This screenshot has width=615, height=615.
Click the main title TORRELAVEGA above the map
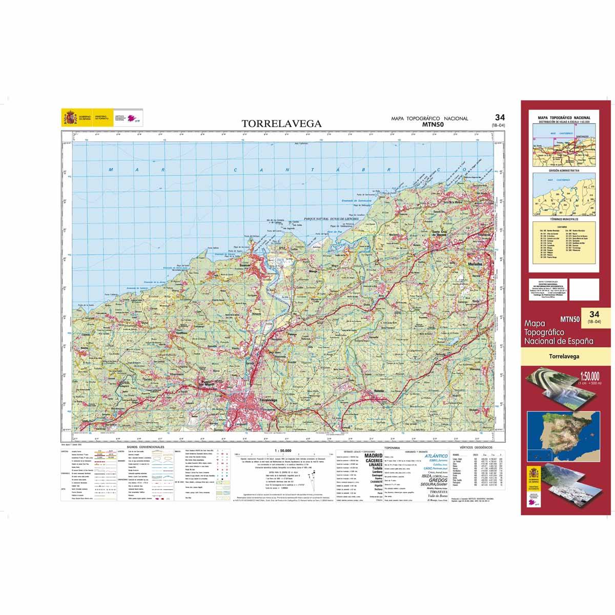[x=281, y=124]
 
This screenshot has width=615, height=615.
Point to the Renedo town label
[x=380, y=391]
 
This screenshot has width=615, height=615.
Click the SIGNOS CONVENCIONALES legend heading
[x=149, y=447]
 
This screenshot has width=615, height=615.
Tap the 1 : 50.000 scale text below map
[x=283, y=450]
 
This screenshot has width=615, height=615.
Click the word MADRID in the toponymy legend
[x=373, y=456]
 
